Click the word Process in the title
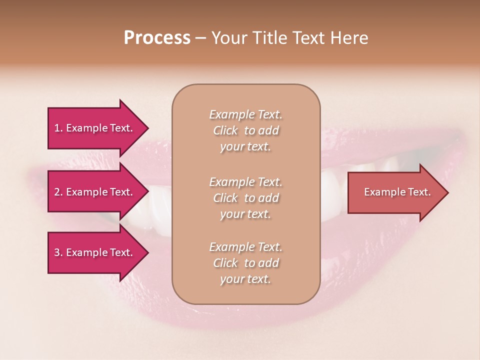[x=157, y=38]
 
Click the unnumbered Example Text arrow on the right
[x=397, y=192]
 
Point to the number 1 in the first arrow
[x=57, y=128]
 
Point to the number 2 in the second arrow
[x=57, y=192]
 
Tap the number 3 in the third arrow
[x=57, y=252]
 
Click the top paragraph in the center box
[x=245, y=130]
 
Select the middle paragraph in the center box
[x=245, y=197]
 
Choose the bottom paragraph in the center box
[x=245, y=263]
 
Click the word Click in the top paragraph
[x=225, y=130]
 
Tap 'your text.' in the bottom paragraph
[x=245, y=279]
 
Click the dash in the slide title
[x=200, y=38]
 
